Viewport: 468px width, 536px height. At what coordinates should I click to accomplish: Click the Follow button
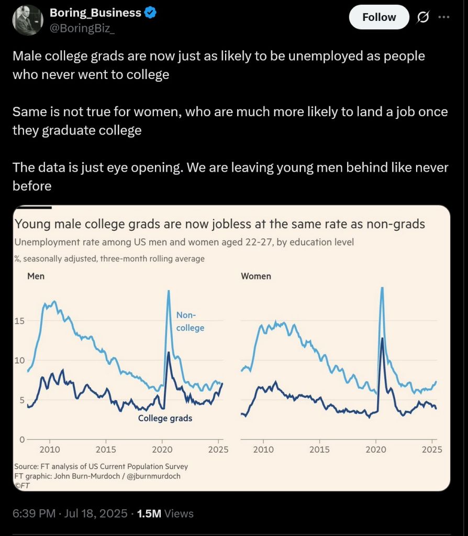(x=379, y=17)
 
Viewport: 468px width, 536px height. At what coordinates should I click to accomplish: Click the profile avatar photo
(x=28, y=20)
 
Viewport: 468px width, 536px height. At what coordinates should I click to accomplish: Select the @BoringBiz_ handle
(x=82, y=28)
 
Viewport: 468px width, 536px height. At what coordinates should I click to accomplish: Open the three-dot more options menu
(x=443, y=17)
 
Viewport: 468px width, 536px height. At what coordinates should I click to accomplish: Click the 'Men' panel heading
(x=36, y=276)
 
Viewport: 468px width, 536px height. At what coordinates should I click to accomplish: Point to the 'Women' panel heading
(x=255, y=276)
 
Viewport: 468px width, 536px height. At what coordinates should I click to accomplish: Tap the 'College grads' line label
(x=165, y=418)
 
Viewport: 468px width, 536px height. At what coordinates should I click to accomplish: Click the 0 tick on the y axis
(x=21, y=439)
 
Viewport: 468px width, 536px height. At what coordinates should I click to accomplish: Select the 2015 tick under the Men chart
(x=106, y=450)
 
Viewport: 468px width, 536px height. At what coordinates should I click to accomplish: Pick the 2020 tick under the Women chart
(x=375, y=450)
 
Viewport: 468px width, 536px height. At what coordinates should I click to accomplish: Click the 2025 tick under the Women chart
(x=432, y=450)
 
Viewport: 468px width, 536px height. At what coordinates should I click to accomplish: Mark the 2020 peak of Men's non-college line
(x=169, y=291)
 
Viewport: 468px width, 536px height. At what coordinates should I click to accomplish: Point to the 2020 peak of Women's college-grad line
(x=382, y=338)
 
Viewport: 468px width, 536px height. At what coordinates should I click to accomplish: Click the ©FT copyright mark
(x=23, y=485)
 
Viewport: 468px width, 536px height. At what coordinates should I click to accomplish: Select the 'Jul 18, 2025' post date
(x=95, y=513)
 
